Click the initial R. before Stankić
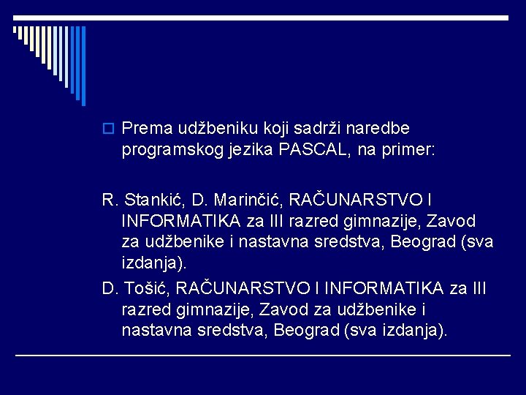click(110, 200)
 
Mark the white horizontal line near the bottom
click(263, 355)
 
